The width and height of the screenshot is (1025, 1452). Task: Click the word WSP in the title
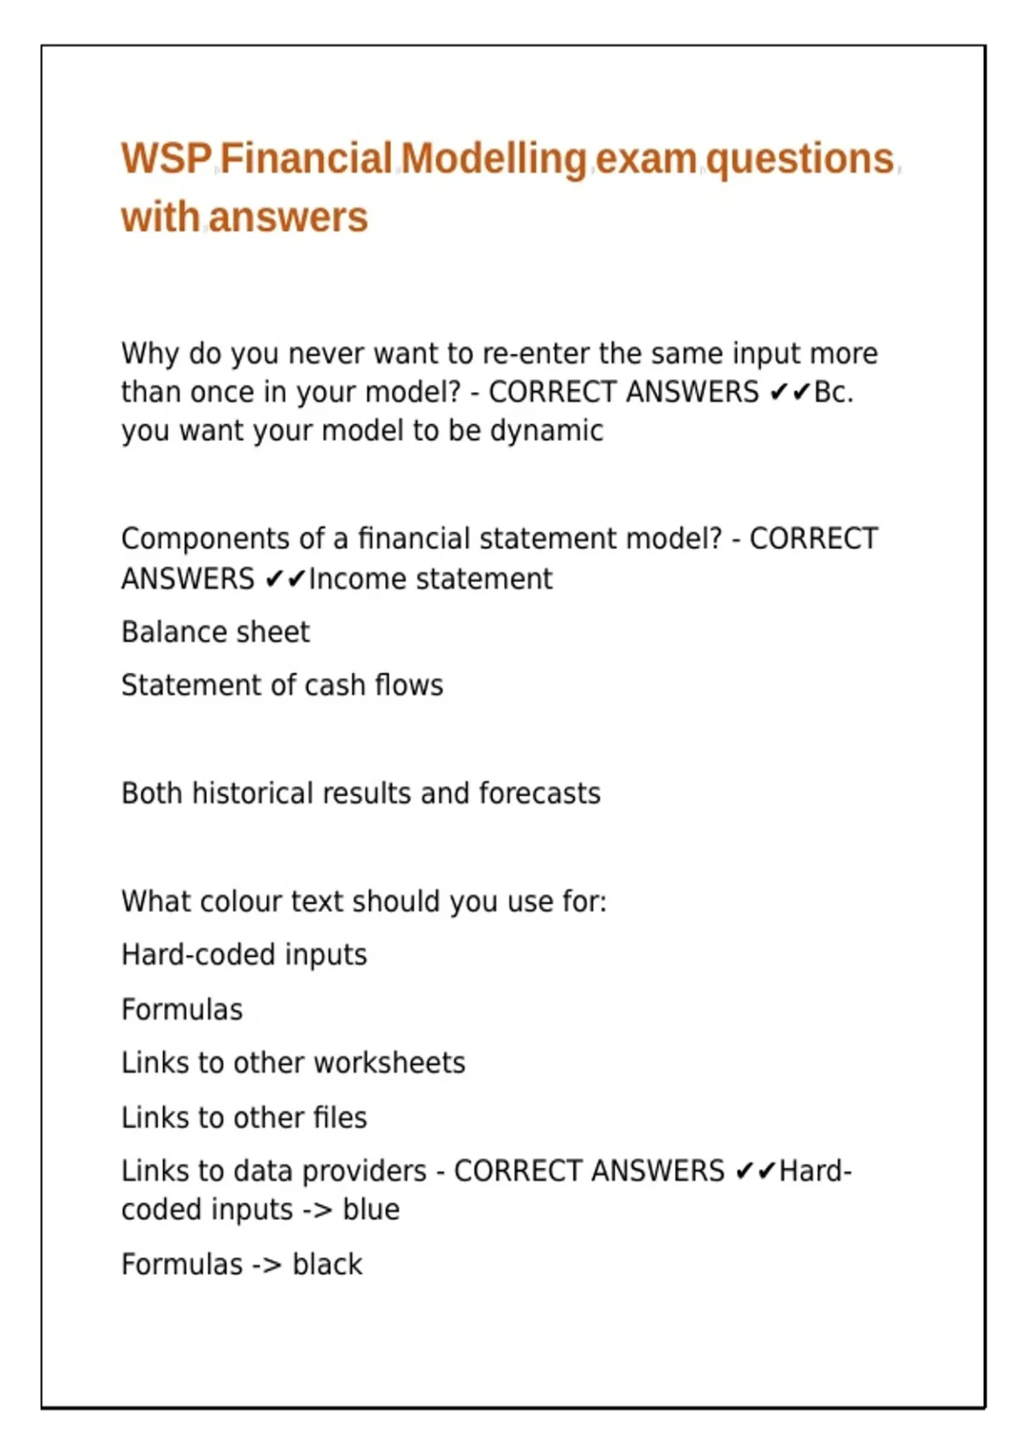167,159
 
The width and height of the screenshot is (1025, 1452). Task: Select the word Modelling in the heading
494,159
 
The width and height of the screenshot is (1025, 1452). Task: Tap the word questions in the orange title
799,159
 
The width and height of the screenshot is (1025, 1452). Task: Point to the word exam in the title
646,159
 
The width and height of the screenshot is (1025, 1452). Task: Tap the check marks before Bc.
789,392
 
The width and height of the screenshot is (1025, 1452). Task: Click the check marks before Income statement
284,579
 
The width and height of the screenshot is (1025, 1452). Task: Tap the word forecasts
540,793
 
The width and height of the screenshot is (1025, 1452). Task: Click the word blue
371,1210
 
